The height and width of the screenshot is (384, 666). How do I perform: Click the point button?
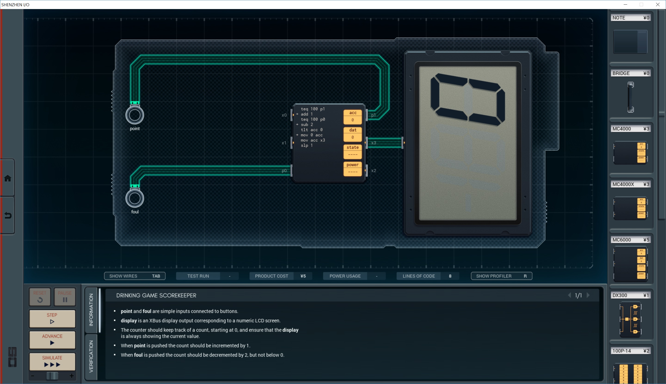(135, 115)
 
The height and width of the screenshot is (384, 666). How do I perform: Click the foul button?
(135, 198)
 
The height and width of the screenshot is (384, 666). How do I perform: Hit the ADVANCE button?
(52, 340)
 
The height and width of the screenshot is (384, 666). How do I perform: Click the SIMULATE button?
(52, 361)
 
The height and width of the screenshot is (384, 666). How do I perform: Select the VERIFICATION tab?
(91, 356)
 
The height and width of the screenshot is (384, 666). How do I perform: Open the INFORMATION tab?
(91, 310)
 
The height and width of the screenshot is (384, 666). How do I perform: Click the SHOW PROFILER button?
(501, 276)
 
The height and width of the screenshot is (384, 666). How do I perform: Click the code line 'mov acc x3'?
(313, 140)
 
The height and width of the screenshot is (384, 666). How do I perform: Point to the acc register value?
(353, 120)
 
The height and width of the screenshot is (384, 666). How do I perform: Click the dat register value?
(353, 137)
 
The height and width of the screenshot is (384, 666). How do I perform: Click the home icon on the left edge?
(8, 178)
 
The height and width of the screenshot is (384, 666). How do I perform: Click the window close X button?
(658, 4)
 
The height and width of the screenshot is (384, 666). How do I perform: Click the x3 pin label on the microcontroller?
(374, 143)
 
